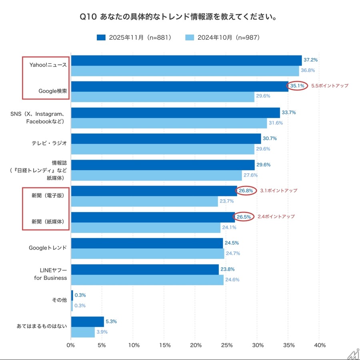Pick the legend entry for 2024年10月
click(x=223, y=38)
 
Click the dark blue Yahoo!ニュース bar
click(x=186, y=60)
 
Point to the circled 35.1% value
click(x=297, y=86)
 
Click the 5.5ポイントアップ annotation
click(x=330, y=86)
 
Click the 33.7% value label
click(x=288, y=113)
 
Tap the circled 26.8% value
click(x=246, y=191)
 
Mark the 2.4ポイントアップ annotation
click(x=276, y=217)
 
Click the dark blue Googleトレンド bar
click(x=147, y=243)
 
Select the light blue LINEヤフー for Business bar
click(x=147, y=280)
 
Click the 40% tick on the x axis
click(x=320, y=345)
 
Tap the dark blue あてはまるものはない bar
click(x=87, y=322)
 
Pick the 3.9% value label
click(x=102, y=332)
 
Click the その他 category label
click(x=59, y=300)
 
